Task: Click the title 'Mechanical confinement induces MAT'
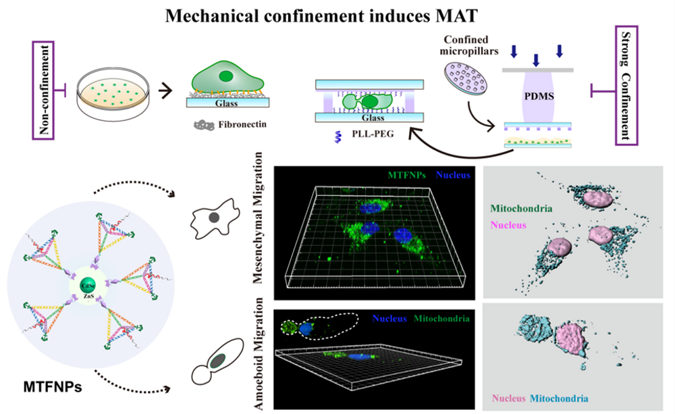(337, 14)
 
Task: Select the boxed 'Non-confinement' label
(47, 88)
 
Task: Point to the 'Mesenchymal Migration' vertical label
(261, 230)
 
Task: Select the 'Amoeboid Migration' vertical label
(261, 358)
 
